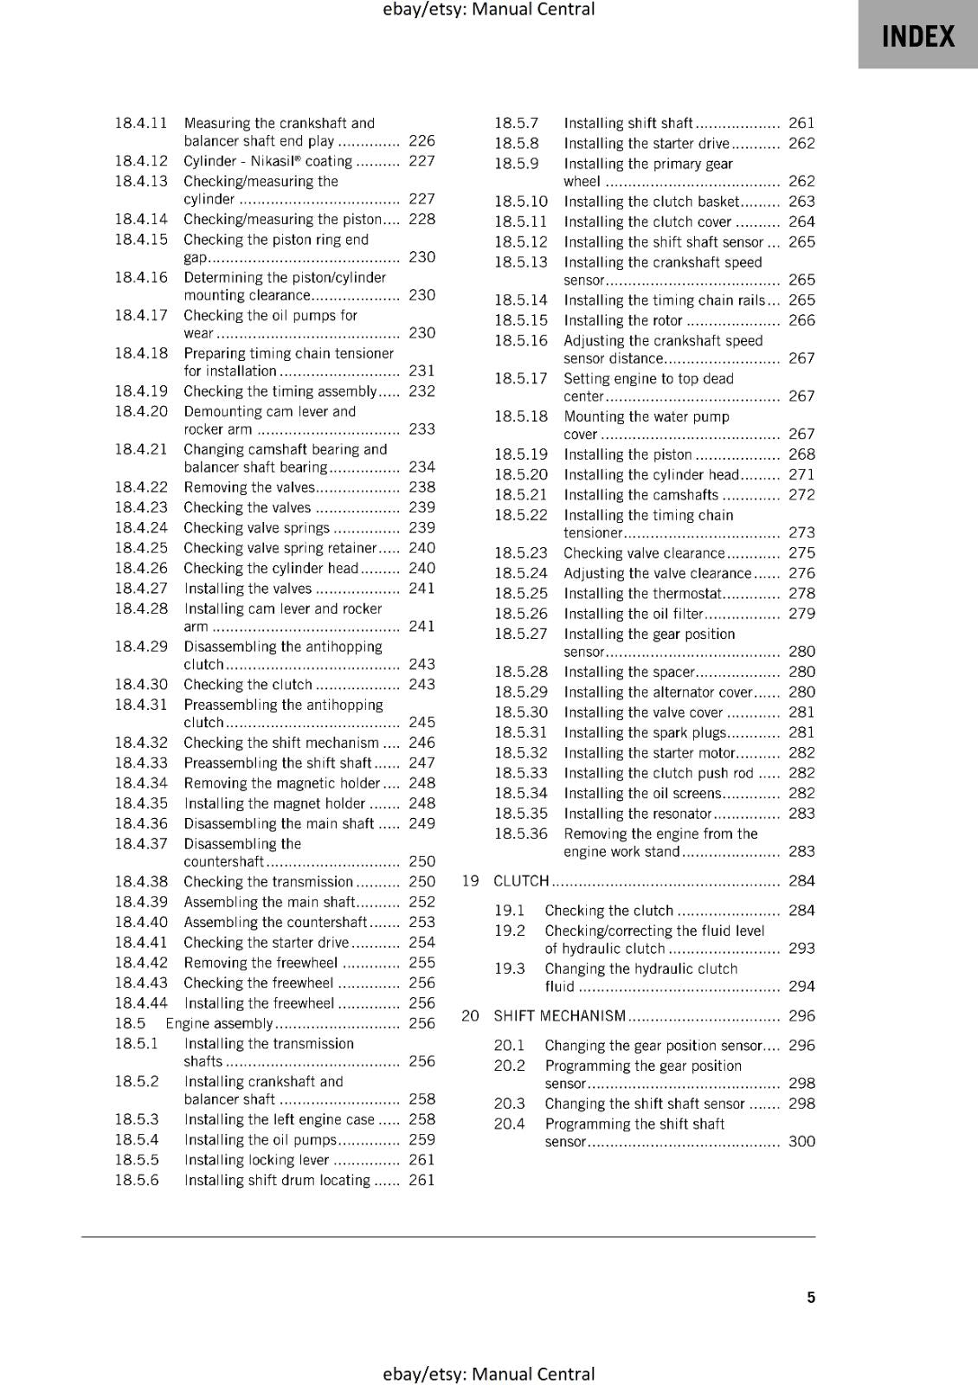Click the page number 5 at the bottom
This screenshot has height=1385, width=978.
[811, 1297]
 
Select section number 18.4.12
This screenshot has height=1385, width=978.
[141, 161]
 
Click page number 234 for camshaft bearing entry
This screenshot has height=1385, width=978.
[421, 467]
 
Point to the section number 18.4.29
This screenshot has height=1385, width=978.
[141, 647]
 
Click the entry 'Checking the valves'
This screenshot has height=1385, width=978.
[247, 508]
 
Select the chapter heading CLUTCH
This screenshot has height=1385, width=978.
[521, 881]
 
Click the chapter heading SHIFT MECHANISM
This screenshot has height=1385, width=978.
[559, 1016]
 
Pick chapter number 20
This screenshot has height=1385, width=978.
[470, 1016]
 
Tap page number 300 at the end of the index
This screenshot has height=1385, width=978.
[801, 1142]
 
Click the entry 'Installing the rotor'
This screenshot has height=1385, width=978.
[623, 321]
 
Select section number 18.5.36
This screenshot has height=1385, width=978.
[521, 834]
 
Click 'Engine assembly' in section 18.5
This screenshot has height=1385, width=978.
[219, 1024]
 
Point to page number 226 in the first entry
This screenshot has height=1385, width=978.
[421, 141]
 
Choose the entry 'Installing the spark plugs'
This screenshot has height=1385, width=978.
[645, 733]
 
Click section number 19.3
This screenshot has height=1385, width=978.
[510, 969]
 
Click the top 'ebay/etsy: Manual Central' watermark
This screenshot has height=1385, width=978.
[488, 10]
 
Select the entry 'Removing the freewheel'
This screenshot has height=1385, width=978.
[261, 963]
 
